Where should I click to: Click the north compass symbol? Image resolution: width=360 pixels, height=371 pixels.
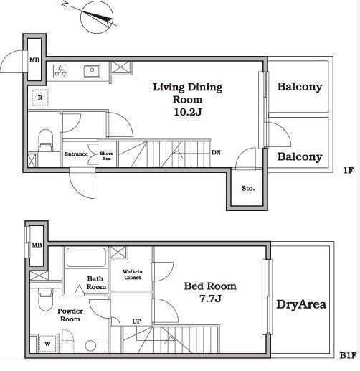pos(97,18)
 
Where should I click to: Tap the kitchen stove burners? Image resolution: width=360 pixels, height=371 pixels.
pos(60,71)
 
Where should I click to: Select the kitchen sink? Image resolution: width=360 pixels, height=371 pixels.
pos(92,71)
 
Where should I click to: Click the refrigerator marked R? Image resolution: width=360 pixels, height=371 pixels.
pos(40,98)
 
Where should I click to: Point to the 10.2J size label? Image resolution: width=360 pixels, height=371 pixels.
pos(188,112)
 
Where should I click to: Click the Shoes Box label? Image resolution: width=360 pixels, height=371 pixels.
pos(107,156)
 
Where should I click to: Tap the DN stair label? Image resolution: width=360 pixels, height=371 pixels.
pos(216,152)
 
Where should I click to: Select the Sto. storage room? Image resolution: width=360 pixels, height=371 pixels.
pos(247,188)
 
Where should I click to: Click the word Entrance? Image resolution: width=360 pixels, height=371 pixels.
pos(76,154)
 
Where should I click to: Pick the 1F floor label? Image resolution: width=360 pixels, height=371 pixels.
pos(349,170)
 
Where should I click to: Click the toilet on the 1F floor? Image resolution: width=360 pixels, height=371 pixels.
pos(45,140)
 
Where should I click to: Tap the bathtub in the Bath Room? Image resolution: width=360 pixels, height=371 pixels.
pos(86,258)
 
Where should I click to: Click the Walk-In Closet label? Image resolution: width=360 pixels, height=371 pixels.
pos(133,274)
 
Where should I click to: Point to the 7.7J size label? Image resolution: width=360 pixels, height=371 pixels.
pos(210,299)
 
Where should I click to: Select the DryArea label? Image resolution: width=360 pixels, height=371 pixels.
pos(301,304)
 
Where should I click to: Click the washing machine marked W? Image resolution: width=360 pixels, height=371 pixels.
pos(48,344)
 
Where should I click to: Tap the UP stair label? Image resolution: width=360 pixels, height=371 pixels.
pos(137,321)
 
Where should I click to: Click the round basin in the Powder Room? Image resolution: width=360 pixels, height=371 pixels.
pos(90,346)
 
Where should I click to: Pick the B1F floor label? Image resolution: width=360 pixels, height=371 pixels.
pos(349,355)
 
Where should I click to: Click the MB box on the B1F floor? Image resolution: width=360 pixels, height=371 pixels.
pos(37,245)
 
